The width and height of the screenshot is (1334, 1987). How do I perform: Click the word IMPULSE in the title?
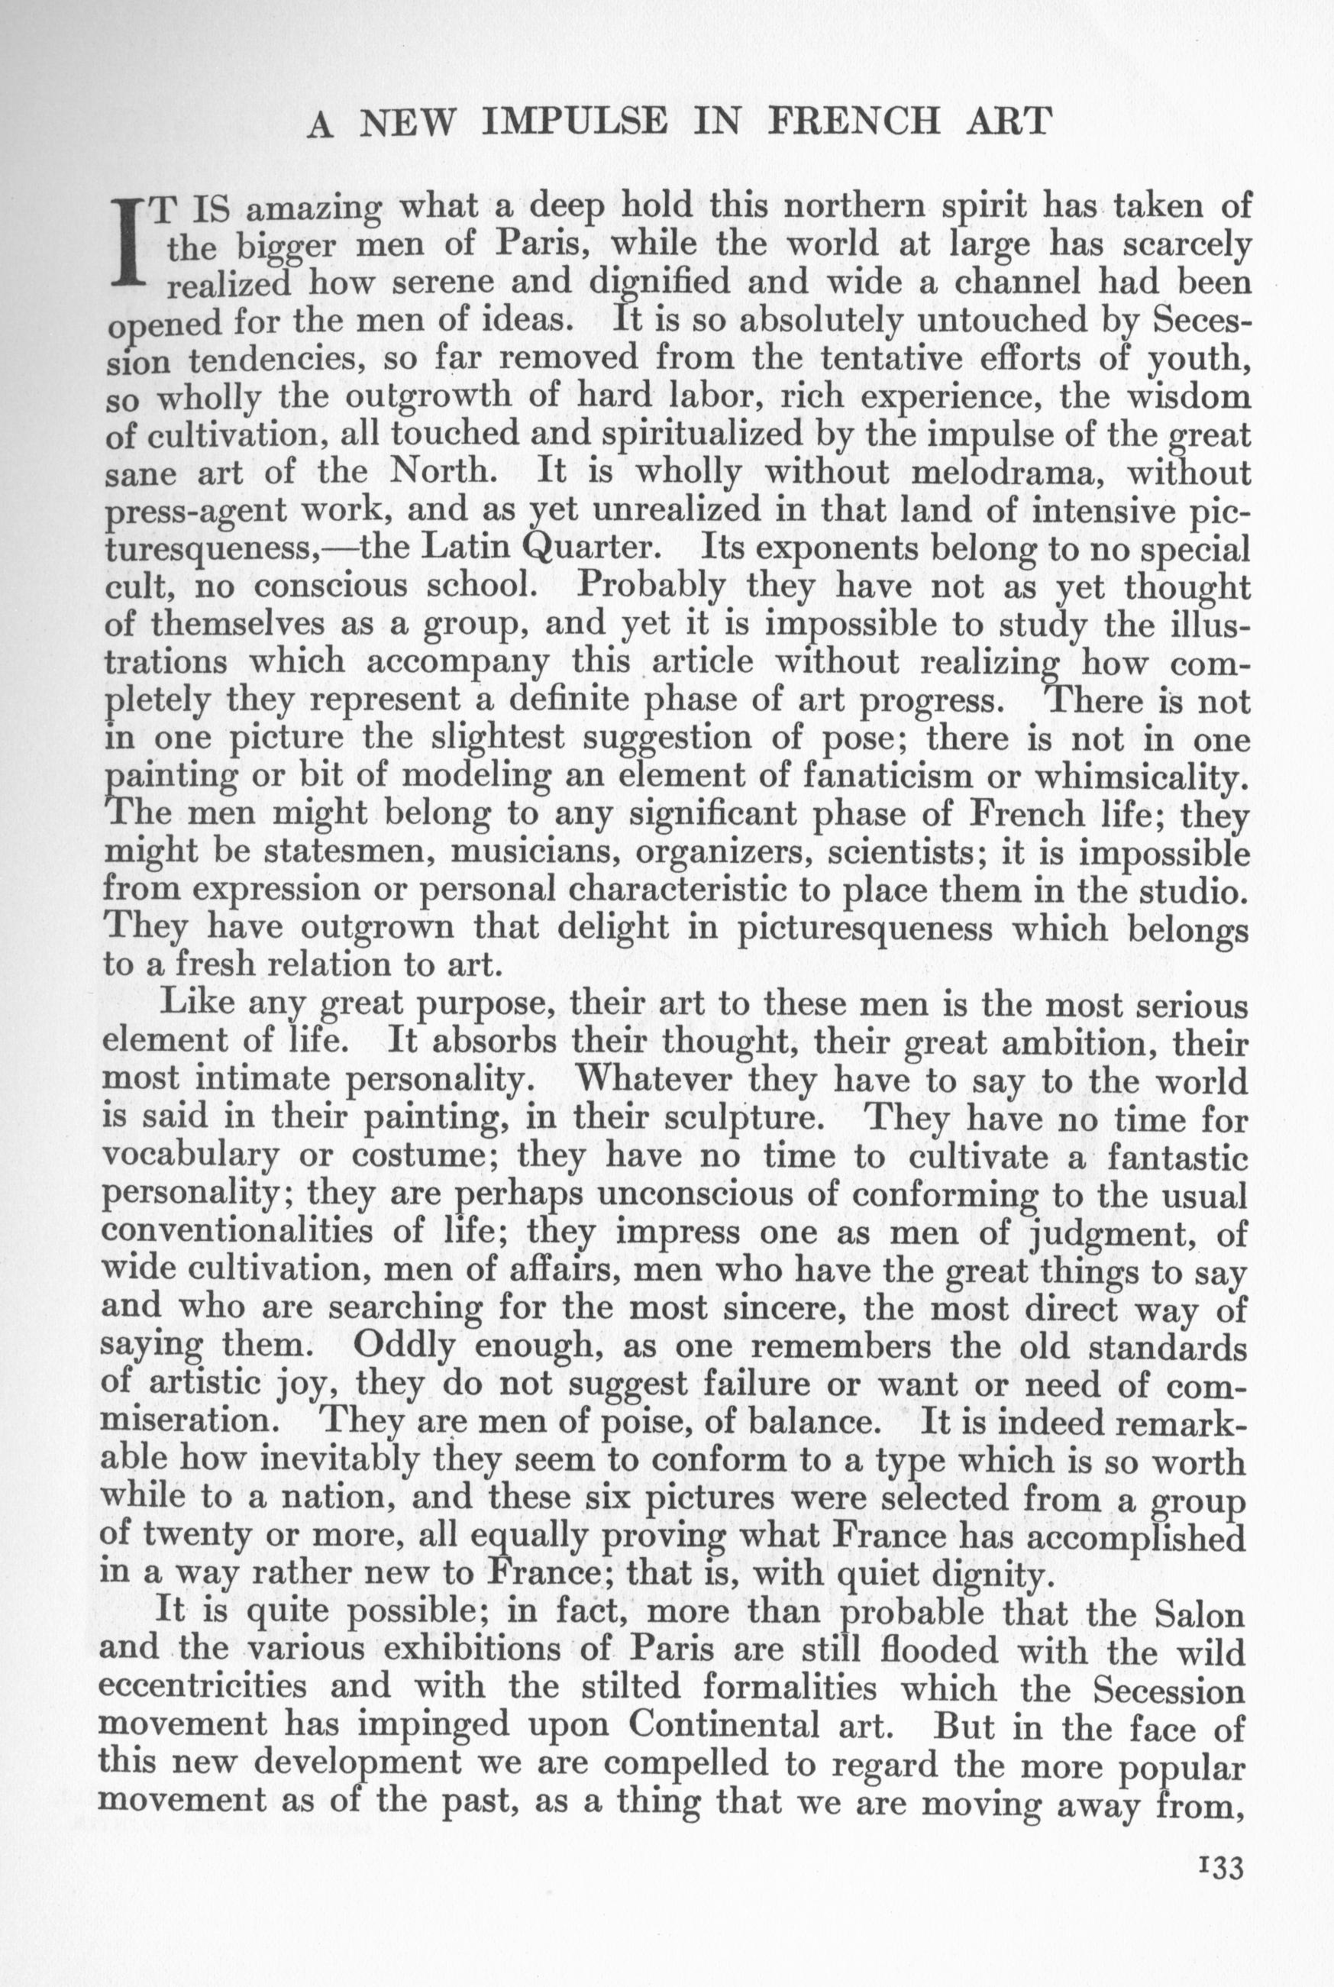tap(573, 121)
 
